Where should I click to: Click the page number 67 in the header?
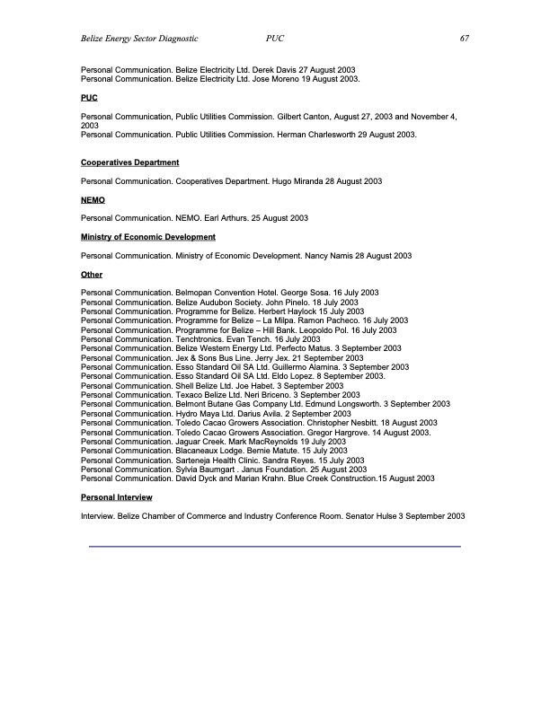coord(465,39)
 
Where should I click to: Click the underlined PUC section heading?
coord(89,97)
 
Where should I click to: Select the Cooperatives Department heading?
coord(129,162)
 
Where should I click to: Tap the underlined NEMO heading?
coord(93,199)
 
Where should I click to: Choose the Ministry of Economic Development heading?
coord(147,237)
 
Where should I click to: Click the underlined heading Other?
coord(92,275)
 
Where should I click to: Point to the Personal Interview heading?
coord(116,496)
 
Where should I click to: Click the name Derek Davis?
coord(272,70)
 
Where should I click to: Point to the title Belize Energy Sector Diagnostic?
coord(138,39)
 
